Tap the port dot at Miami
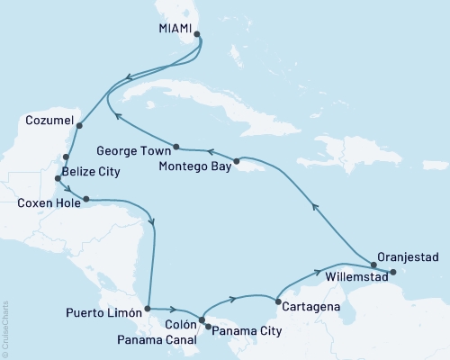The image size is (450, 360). [x=197, y=37]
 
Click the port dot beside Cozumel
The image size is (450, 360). [x=79, y=126]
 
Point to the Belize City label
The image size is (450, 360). [x=92, y=170]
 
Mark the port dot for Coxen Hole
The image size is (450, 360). [x=86, y=199]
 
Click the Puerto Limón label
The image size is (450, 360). [x=104, y=314]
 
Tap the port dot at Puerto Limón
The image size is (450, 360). [x=148, y=309]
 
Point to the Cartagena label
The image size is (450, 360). [x=311, y=307]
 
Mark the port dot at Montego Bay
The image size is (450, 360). [x=236, y=162]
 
